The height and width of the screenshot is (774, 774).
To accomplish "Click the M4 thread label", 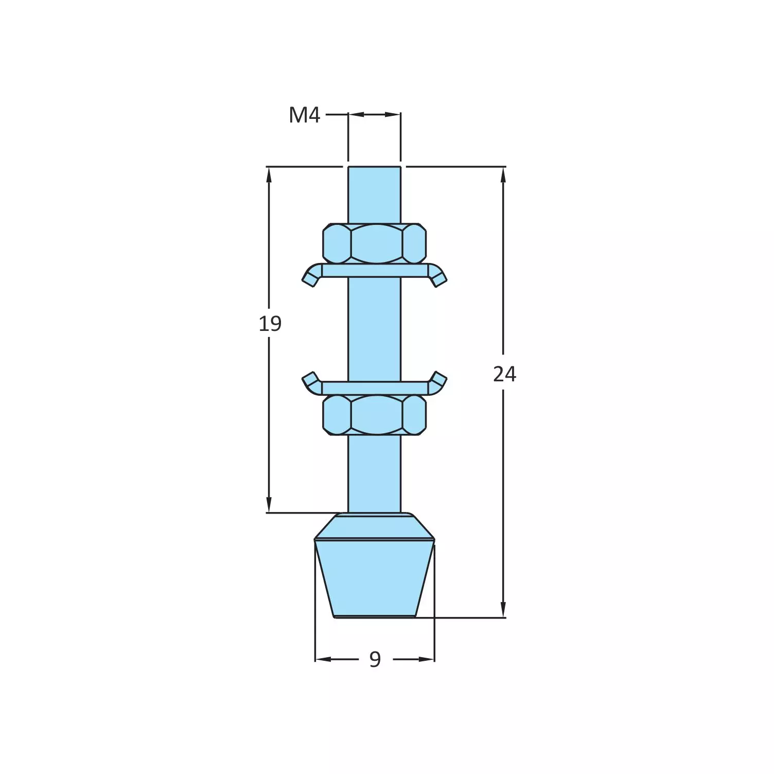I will (x=304, y=115).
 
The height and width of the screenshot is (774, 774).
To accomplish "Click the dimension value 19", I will (x=270, y=324).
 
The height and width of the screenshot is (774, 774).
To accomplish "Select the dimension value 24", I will (x=504, y=374).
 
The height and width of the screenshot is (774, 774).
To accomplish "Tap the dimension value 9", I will (x=375, y=659).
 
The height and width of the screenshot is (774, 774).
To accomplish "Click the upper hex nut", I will (x=375, y=243).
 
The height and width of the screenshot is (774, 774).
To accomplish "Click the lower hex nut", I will (x=375, y=415).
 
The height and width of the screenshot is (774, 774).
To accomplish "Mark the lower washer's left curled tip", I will (x=309, y=380).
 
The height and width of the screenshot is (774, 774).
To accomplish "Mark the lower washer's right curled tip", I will (x=439, y=380).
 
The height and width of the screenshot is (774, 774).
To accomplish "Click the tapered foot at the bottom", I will (x=375, y=576).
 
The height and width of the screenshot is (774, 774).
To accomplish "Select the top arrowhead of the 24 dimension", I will (x=503, y=175).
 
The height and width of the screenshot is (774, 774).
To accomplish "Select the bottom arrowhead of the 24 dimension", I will (x=503, y=610).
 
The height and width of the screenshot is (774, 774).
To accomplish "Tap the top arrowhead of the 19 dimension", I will (x=269, y=175).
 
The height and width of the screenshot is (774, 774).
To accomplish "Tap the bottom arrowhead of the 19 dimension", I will (x=269, y=505).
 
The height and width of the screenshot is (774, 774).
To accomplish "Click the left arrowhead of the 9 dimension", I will (x=322, y=659).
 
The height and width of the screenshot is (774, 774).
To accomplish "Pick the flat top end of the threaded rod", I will (x=374, y=168).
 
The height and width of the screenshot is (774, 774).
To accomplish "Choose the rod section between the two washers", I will (x=374, y=329).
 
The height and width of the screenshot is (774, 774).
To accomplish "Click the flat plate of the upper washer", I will (x=375, y=271).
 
